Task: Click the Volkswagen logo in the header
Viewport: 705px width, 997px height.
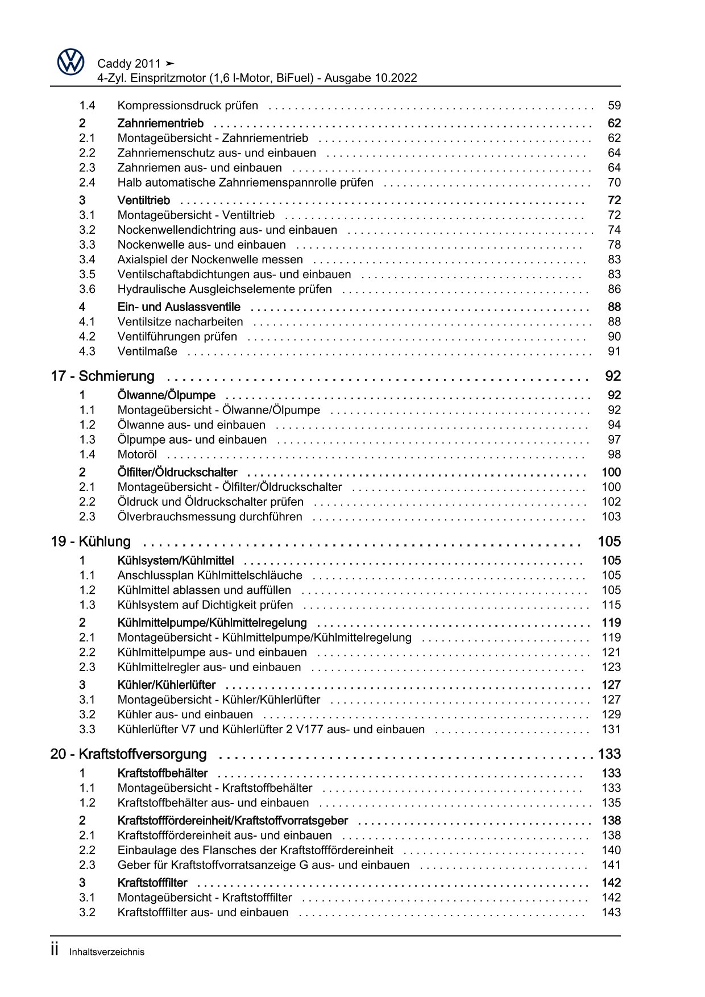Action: [70, 61]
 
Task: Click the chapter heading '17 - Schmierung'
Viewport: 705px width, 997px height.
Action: [102, 376]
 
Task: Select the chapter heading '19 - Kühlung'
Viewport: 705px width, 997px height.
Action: [90, 541]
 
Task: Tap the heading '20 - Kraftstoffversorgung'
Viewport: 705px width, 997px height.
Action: [128, 754]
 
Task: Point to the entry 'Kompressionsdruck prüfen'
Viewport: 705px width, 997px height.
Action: [188, 105]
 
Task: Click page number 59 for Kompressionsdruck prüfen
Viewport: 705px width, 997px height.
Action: [614, 105]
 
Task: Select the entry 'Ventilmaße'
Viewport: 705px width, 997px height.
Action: [147, 351]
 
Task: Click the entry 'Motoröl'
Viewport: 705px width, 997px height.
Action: [137, 454]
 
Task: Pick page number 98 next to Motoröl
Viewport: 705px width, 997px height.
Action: [614, 454]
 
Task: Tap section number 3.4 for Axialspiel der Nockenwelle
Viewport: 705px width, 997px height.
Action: [87, 259]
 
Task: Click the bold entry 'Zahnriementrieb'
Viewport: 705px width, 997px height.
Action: [160, 123]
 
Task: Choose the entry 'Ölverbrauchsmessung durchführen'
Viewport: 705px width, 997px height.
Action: [210, 516]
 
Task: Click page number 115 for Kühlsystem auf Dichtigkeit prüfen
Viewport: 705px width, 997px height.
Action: [611, 605]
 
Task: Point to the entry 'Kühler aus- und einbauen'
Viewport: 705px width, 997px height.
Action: [185, 714]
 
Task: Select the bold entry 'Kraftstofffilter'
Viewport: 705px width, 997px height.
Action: [152, 883]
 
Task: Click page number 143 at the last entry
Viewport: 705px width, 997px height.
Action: [611, 912]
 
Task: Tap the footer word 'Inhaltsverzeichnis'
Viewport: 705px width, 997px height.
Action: [107, 952]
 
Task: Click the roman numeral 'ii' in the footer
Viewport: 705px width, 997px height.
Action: [55, 950]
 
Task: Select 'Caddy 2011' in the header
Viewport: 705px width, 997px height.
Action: [130, 64]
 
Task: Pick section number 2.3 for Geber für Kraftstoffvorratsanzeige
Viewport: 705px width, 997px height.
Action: [87, 865]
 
